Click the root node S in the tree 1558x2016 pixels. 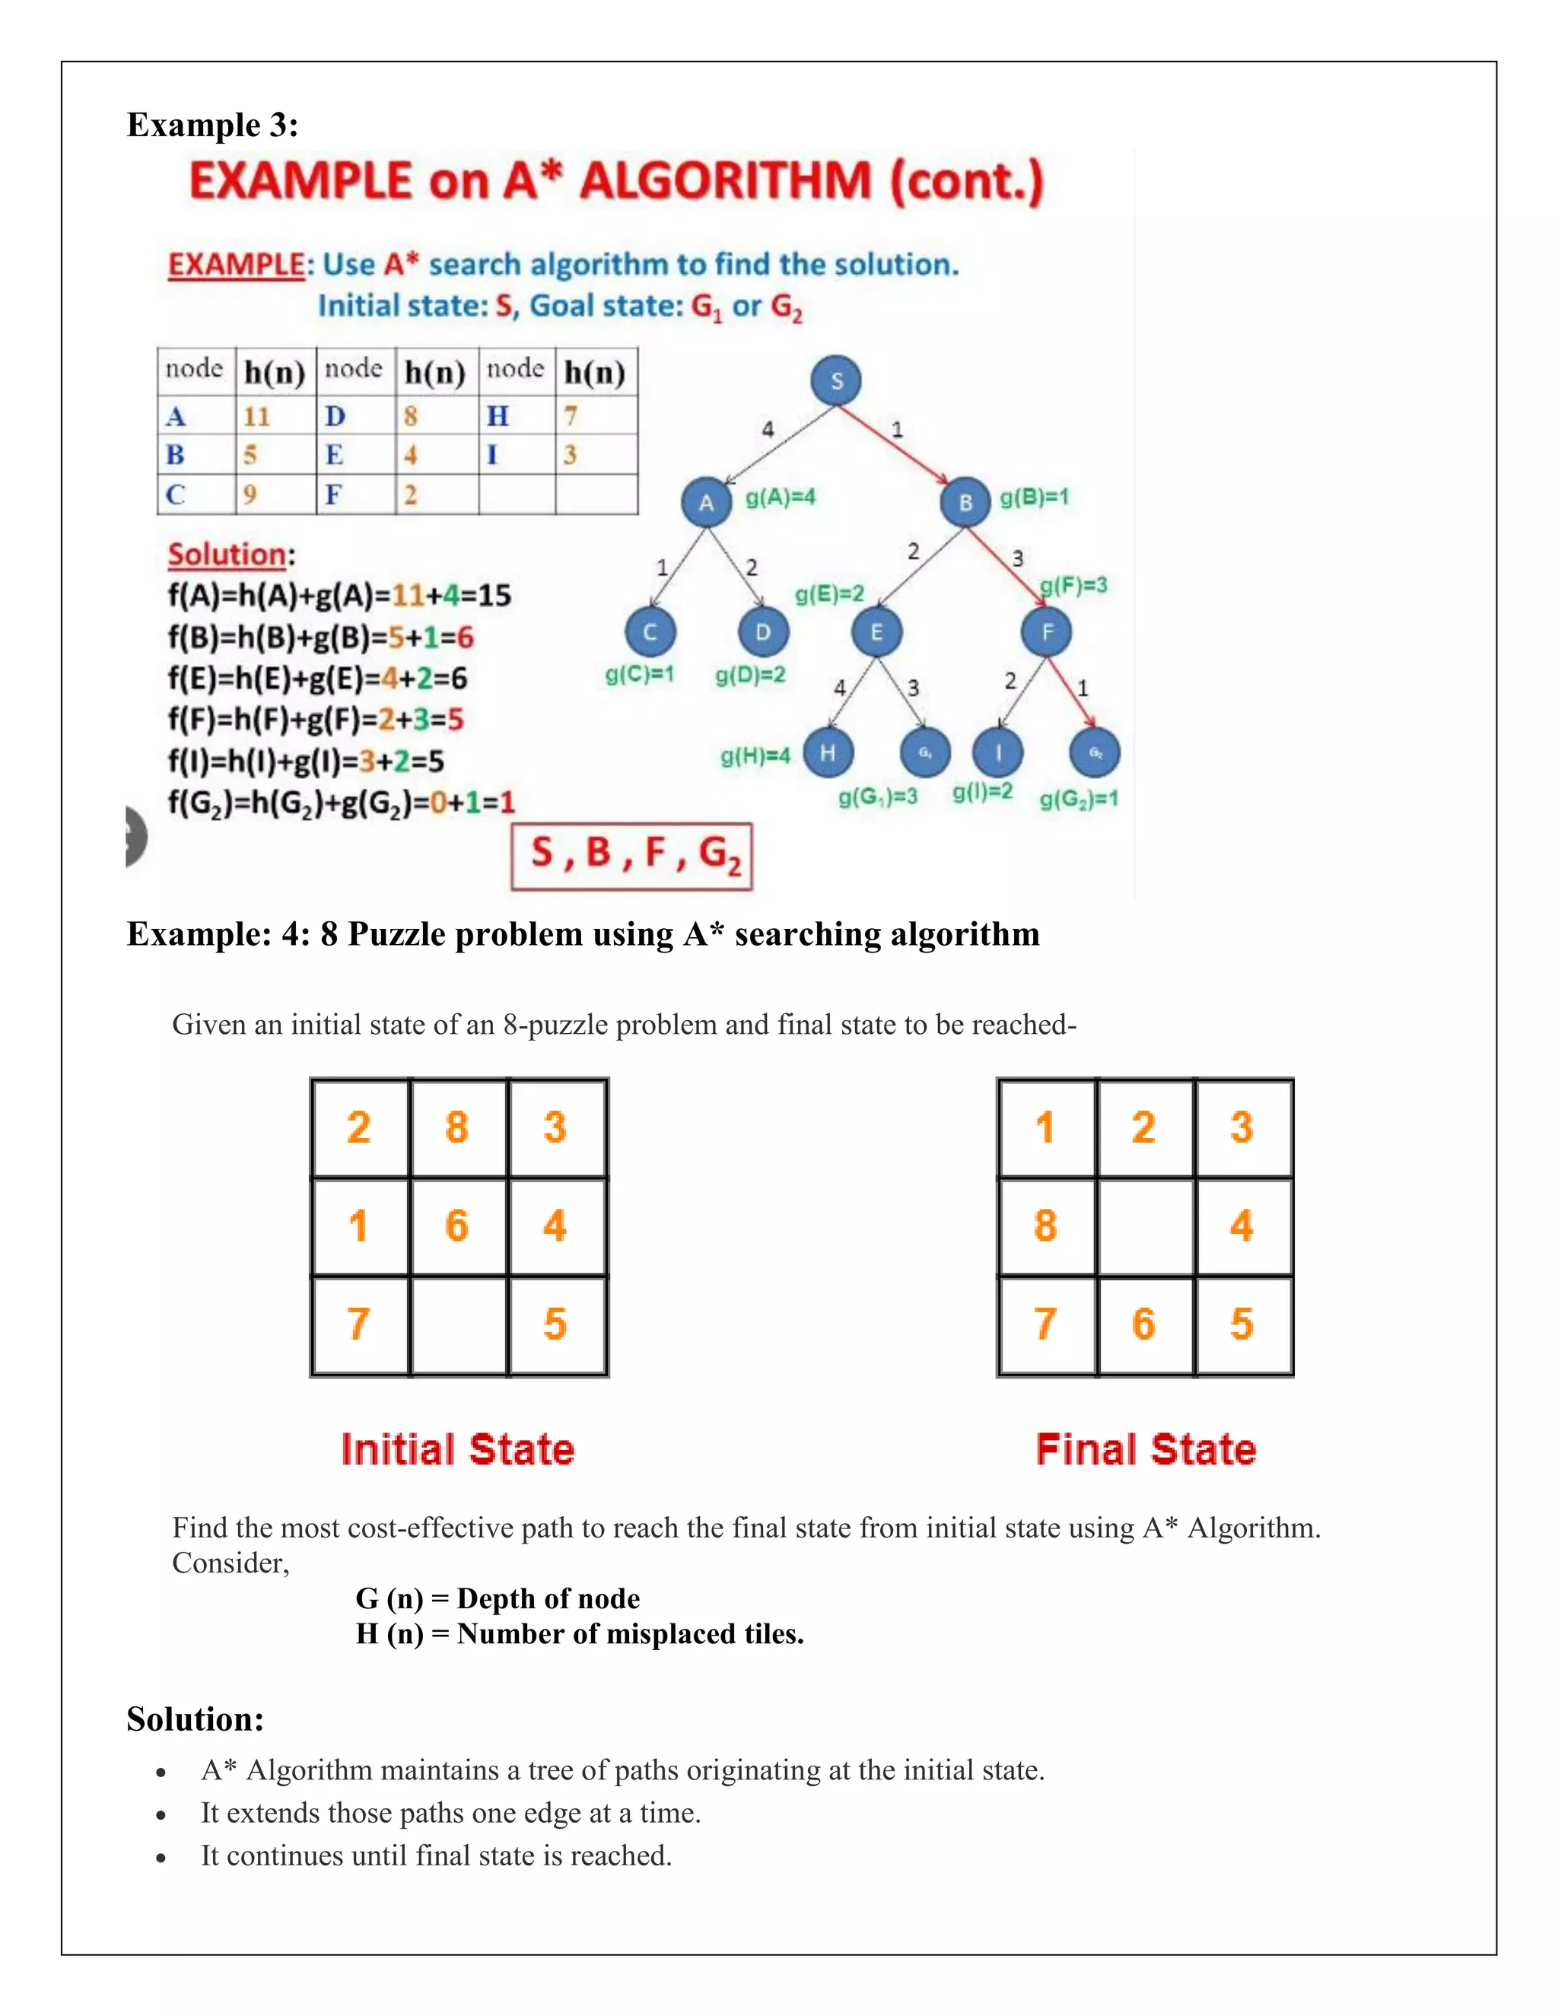point(836,380)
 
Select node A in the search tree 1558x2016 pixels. point(706,503)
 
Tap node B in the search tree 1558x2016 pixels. point(965,503)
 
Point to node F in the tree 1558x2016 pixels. point(1047,632)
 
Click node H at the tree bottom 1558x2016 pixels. point(828,752)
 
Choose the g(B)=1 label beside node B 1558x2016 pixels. point(1035,498)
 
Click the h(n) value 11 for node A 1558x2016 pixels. point(256,416)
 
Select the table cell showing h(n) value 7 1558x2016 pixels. point(571,416)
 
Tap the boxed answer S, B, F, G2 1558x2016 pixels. point(632,856)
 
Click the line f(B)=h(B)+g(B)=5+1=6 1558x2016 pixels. point(320,637)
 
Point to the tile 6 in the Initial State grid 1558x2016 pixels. point(457,1226)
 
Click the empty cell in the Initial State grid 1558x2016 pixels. point(459,1324)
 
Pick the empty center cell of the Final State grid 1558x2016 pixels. point(1144,1226)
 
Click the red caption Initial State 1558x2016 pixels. point(458,1449)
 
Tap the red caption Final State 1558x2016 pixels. point(1146,1449)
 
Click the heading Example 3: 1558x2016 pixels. point(212,125)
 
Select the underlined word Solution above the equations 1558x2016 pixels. point(227,554)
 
